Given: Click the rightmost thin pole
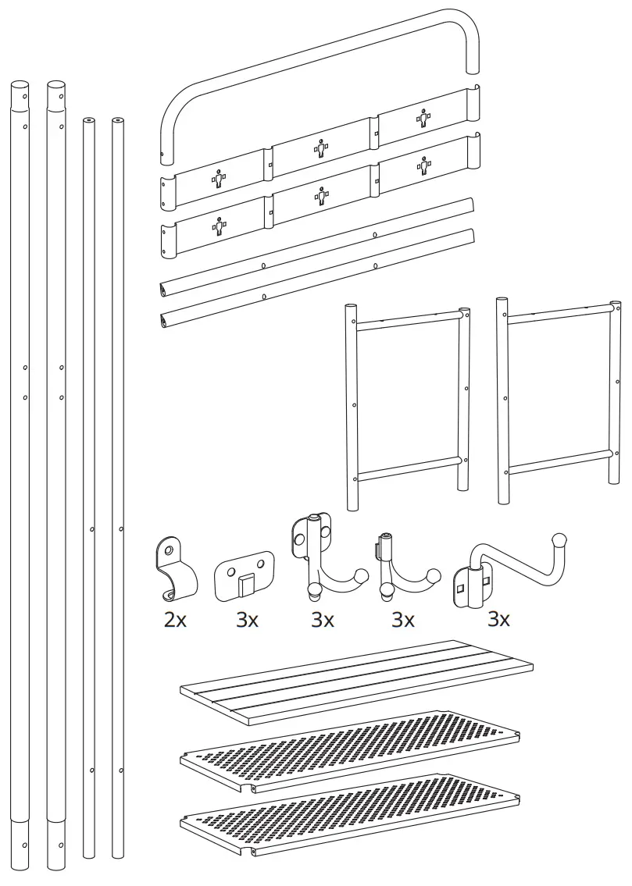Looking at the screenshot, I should click(x=118, y=468).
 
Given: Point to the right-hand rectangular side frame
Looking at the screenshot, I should click(x=557, y=398).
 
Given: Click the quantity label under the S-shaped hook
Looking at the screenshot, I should click(x=498, y=621).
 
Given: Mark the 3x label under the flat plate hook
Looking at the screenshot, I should click(x=246, y=621).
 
